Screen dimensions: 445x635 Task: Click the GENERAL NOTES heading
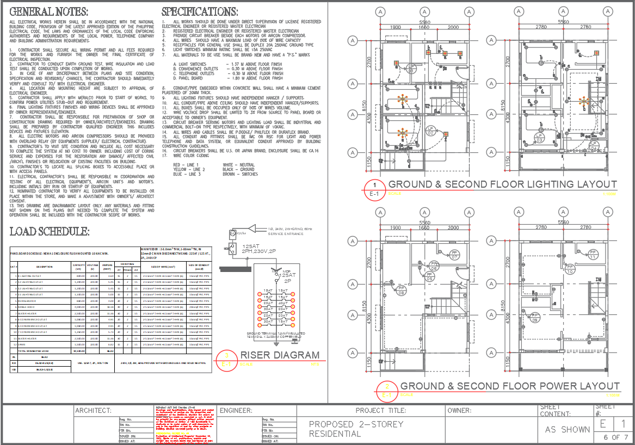[49, 12]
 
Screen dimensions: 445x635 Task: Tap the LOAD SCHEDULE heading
[50, 232]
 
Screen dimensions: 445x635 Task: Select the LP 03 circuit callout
[539, 138]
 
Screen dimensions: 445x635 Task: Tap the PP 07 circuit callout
[454, 255]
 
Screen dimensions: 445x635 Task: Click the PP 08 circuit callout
[401, 290]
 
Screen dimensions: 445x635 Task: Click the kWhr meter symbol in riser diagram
[232, 234]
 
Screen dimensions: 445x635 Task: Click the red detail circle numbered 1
[374, 187]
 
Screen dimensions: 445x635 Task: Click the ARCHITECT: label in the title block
[93, 410]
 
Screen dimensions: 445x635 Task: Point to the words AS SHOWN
[568, 429]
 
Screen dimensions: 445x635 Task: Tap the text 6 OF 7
[615, 437]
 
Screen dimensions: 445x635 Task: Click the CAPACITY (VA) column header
[78, 267]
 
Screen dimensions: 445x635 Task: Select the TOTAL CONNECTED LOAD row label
[37, 351]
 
